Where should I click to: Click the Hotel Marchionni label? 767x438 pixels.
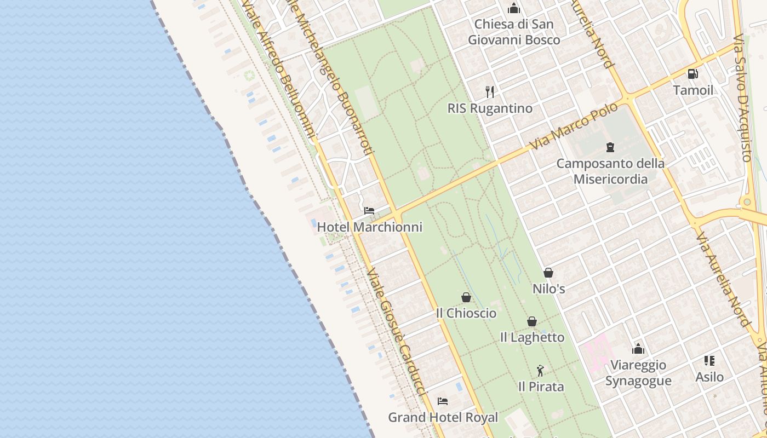[x=370, y=227]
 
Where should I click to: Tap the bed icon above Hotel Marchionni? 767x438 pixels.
[x=369, y=211]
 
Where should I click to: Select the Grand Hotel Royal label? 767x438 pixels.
[x=443, y=417]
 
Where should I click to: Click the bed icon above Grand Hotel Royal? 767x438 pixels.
[x=443, y=401]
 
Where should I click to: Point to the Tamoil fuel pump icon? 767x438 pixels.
[x=693, y=74]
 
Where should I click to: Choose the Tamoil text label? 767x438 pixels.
[x=693, y=90]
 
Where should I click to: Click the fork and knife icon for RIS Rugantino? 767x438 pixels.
[x=490, y=91]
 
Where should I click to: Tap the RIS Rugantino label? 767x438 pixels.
[x=490, y=108]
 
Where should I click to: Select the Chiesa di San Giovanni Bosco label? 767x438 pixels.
[x=514, y=32]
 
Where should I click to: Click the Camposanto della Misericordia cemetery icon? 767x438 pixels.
[x=610, y=147]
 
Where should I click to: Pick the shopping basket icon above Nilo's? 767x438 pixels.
[x=548, y=272]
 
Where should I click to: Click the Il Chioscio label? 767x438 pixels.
[x=466, y=313]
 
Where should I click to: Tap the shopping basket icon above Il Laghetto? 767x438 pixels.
[x=532, y=321]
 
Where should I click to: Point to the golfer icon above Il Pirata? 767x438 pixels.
[x=541, y=371]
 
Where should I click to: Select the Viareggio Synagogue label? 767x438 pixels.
[x=638, y=373]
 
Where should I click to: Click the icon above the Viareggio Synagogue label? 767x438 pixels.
[x=638, y=349]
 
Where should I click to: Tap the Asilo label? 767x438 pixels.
[x=709, y=377]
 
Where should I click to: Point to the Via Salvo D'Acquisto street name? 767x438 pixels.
[x=743, y=99]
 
